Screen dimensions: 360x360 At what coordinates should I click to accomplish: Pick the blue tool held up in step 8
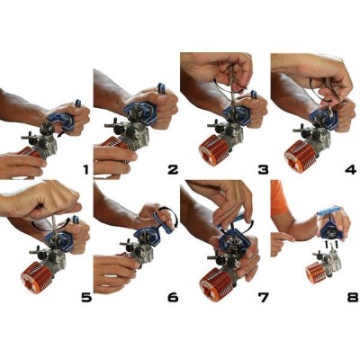point(329,216)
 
